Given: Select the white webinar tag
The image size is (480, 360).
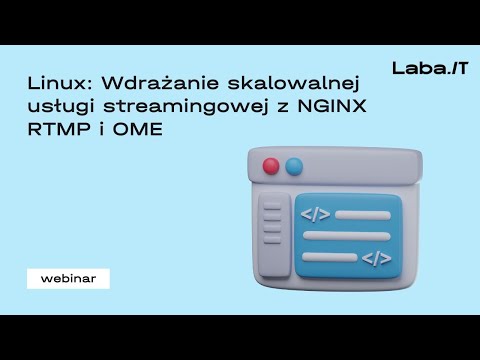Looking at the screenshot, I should [68, 279].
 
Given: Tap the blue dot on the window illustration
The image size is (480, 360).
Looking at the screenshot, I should [293, 166].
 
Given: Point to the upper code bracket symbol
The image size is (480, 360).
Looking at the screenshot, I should [315, 213].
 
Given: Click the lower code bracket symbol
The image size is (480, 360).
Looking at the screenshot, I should [376, 259].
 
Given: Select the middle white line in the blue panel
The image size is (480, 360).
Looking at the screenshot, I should [345, 236].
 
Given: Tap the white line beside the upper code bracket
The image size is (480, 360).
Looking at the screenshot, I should [361, 214].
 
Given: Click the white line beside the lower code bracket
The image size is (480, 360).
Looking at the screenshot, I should [328, 258].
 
